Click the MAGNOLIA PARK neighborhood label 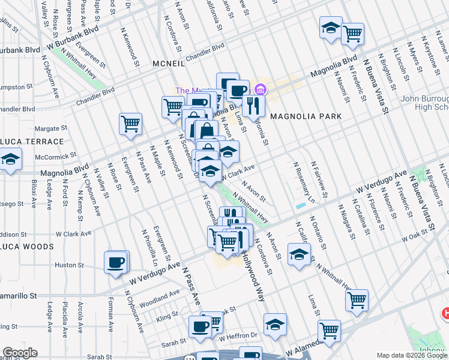(306, 116)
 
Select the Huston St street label (68, 265)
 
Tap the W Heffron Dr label (240, 335)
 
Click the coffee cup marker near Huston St (116, 262)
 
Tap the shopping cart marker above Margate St (130, 124)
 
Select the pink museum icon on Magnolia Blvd (259, 90)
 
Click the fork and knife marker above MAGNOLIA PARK (254, 106)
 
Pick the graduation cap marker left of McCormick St (10, 160)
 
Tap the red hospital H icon (445, 313)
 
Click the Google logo (20, 353)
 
